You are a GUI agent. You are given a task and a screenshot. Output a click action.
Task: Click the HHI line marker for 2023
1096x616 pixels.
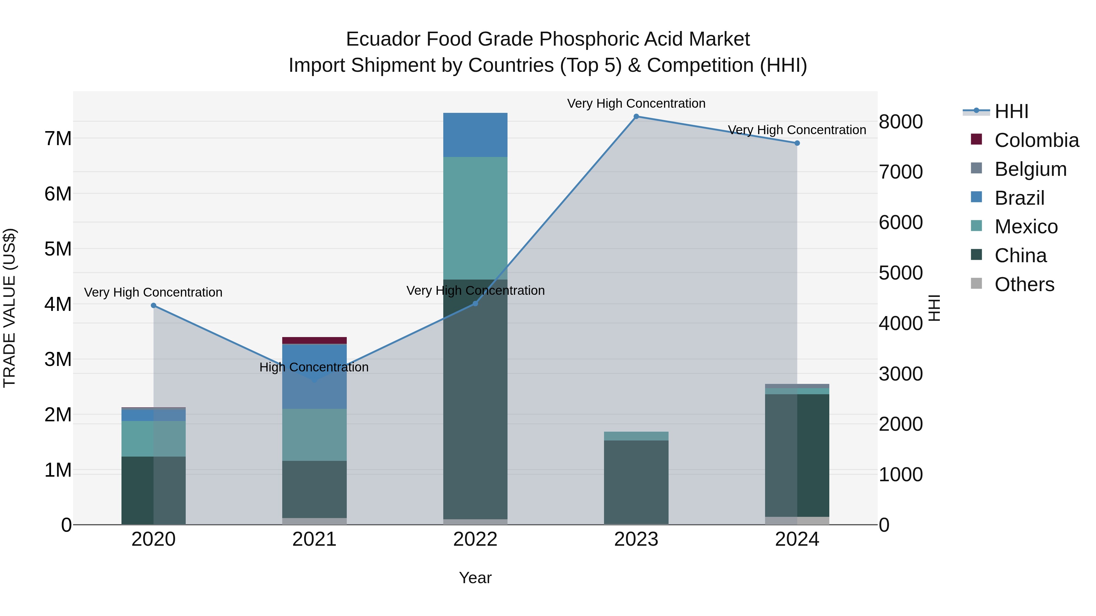click(x=636, y=117)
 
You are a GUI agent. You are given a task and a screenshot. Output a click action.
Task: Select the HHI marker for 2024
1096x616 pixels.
click(x=797, y=143)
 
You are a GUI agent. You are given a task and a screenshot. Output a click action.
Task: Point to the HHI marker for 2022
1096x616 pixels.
click(x=475, y=304)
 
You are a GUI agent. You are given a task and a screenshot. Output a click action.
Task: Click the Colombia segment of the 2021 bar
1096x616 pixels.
click(x=314, y=340)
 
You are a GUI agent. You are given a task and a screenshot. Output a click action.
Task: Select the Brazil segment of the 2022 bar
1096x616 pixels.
click(x=475, y=135)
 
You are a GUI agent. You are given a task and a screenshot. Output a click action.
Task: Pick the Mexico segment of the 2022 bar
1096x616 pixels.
click(x=475, y=218)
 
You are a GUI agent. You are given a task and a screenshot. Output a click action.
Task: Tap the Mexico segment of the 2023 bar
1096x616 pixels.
click(x=636, y=436)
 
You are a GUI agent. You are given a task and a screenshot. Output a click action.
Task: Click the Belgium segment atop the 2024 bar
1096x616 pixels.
click(x=797, y=386)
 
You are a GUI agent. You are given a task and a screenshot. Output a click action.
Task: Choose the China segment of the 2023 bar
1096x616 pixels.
click(x=636, y=482)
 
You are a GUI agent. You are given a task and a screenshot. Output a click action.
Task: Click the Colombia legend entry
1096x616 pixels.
click(x=1036, y=140)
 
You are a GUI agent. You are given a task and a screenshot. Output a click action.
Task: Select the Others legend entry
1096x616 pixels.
click(x=1024, y=284)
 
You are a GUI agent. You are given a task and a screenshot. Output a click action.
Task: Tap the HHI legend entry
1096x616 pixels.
click(x=1011, y=111)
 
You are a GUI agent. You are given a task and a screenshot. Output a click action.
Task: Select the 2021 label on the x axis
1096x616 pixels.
click(x=314, y=539)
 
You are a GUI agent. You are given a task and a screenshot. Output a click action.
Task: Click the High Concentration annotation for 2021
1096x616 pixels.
click(x=314, y=367)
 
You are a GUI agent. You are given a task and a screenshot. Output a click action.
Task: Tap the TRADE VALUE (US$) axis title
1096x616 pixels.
click(x=9, y=308)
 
